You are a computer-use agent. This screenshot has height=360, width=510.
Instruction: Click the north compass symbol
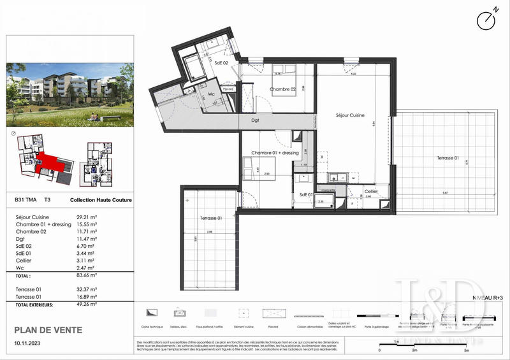[486, 19]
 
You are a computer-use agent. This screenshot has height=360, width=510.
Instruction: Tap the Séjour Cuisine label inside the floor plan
[350, 115]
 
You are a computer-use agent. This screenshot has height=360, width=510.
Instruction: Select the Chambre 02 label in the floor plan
[283, 90]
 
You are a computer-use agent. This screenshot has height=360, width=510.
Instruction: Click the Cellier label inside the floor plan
[372, 191]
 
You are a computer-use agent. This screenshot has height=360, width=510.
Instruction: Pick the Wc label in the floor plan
[211, 94]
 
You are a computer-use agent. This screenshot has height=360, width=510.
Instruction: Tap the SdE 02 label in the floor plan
[221, 62]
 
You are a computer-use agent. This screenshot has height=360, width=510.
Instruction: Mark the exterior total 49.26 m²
[88, 305]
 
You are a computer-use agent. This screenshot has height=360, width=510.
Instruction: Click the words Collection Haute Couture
[101, 199]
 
